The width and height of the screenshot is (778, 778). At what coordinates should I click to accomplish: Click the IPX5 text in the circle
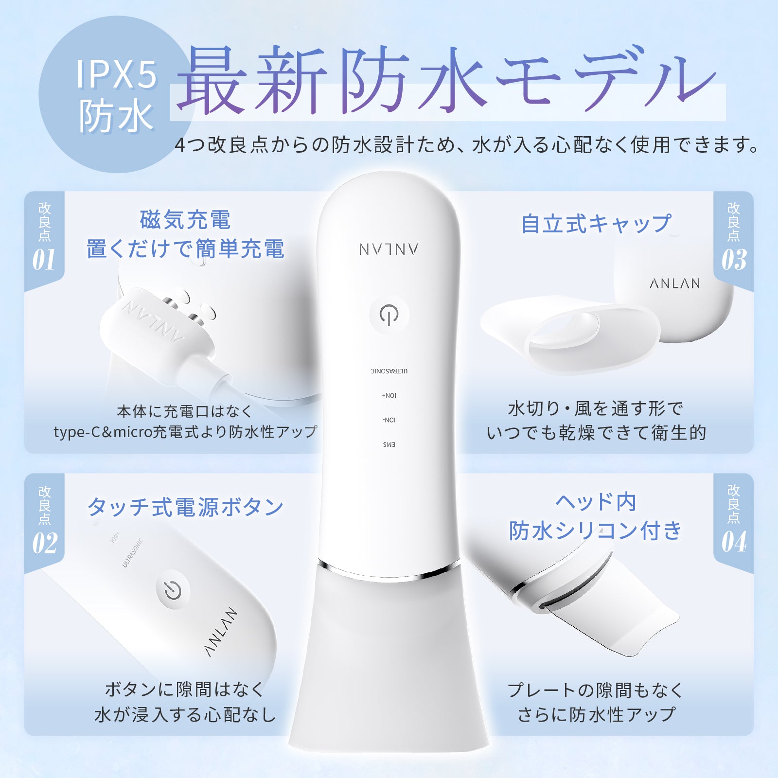(x=117, y=74)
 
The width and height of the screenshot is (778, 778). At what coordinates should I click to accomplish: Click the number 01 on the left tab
(x=44, y=260)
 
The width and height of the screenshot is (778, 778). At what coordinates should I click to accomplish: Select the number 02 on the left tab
(x=45, y=543)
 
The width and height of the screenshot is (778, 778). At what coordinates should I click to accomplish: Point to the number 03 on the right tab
(x=734, y=260)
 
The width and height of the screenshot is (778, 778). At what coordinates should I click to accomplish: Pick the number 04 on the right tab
(x=734, y=542)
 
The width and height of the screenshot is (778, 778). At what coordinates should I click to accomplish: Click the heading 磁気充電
(x=185, y=220)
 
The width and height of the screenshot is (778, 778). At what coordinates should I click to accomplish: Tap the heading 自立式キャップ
(x=596, y=224)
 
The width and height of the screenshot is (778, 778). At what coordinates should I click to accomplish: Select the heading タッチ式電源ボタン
(x=185, y=507)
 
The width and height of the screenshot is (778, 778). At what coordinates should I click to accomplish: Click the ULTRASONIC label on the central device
(x=389, y=371)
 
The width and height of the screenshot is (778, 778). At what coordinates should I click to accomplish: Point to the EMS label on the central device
(x=389, y=444)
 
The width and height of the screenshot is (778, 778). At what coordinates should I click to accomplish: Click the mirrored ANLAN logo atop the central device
(x=389, y=249)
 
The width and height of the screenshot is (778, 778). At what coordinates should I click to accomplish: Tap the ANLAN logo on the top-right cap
(x=675, y=283)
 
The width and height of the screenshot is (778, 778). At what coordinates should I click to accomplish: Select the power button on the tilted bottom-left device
(x=173, y=589)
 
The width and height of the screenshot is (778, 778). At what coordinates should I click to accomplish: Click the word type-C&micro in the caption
(x=102, y=432)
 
